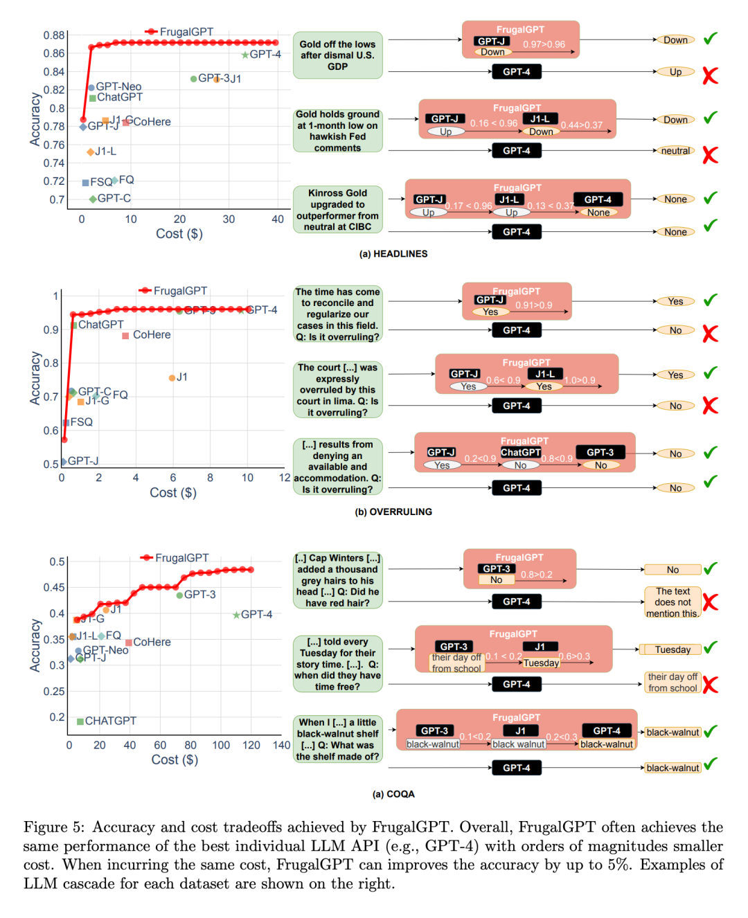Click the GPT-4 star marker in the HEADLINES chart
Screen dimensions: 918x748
pos(245,55)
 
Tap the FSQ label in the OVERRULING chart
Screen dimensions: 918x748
pos(81,422)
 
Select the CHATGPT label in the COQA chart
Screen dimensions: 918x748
pos(110,721)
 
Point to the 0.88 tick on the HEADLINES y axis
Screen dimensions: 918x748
pos(54,35)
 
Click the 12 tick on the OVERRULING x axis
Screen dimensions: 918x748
pos(285,478)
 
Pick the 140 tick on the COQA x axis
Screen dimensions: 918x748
pos(281,745)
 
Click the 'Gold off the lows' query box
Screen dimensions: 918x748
pos(337,55)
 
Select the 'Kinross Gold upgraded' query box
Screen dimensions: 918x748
pos(337,210)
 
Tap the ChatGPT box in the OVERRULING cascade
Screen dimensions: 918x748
pos(521,452)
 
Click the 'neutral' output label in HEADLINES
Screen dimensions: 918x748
pos(675,151)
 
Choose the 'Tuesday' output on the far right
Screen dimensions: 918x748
pos(673,649)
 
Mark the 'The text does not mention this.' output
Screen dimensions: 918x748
pos(673,602)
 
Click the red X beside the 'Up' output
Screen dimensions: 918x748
pos(710,75)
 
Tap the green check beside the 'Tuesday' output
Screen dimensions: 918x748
pos(711,648)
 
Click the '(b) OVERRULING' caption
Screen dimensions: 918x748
pos(393,512)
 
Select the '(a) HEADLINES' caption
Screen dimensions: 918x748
pos(393,254)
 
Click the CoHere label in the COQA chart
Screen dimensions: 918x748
pos(152,642)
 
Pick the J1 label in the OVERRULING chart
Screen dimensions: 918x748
pos(181,377)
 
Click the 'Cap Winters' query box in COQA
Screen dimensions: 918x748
pos(337,580)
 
